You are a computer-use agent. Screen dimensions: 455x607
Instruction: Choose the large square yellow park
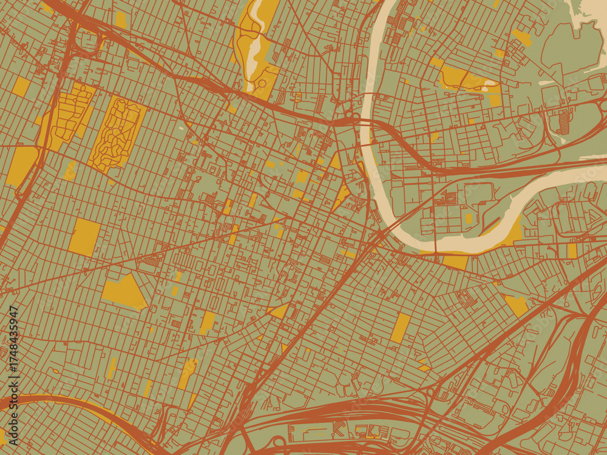[x=84, y=237]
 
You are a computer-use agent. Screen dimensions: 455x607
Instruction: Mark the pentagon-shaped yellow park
[x=124, y=291]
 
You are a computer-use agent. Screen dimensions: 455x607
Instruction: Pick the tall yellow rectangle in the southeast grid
[x=400, y=328]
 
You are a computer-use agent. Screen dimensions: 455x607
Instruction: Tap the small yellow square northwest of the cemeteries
[x=21, y=86]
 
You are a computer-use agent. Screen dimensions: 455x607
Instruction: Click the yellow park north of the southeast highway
[x=517, y=305]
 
